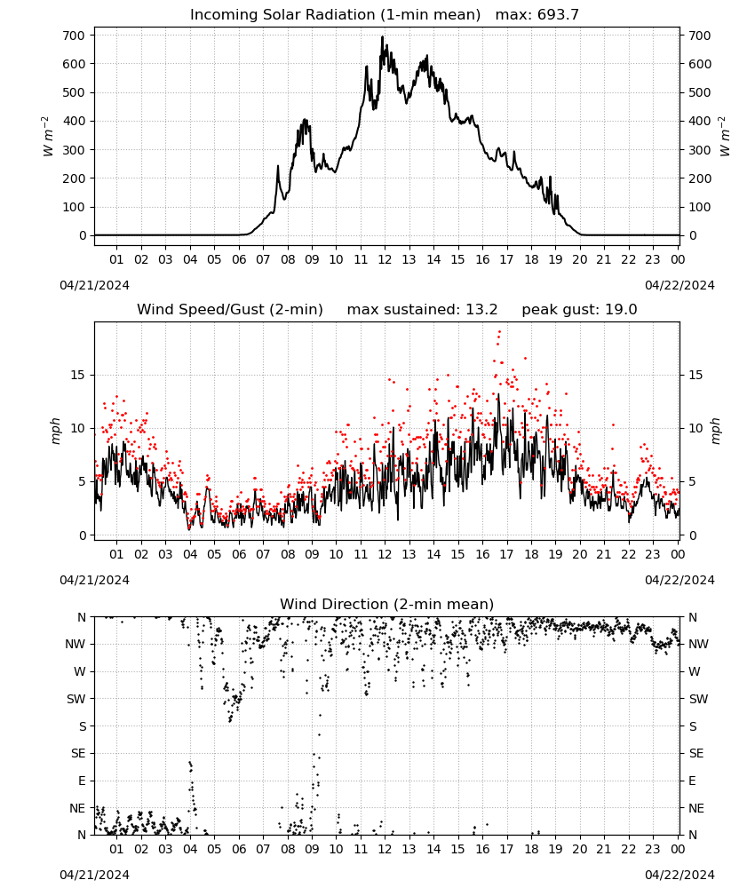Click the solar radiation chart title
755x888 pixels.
coord(335,15)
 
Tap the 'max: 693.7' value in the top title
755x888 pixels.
coord(537,15)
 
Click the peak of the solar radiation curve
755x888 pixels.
coord(382,36)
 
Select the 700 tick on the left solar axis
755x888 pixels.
coord(74,36)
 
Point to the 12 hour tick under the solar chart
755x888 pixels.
coord(385,259)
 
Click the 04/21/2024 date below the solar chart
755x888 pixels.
coord(94,285)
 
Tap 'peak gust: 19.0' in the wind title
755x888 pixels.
coord(579,310)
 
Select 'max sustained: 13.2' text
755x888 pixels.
coord(422,310)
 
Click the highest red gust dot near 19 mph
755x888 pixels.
coord(499,332)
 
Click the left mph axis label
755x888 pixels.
coord(55,431)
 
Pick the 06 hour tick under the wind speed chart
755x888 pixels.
coord(239,554)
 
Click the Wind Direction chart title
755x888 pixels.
coord(387,604)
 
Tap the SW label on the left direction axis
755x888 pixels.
coord(76,699)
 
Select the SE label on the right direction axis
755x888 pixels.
coord(696,753)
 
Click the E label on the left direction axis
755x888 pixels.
coord(82,781)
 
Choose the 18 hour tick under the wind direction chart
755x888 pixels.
coord(531,849)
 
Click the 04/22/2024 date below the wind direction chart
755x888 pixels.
coord(679,875)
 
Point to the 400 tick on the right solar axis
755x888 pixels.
coord(700,121)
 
